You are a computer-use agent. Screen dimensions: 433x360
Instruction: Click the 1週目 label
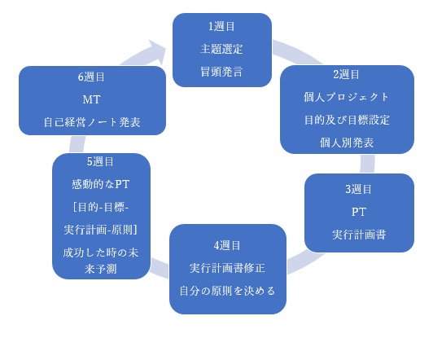coord(221,27)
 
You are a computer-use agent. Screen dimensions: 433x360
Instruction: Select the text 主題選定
coord(221,49)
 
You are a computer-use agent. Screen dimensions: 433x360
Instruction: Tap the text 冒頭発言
coord(221,72)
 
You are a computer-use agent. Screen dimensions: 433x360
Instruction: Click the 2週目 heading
coord(346,74)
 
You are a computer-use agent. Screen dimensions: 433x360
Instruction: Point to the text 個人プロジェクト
coord(346,97)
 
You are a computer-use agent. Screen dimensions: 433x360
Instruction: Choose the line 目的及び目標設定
coord(347,120)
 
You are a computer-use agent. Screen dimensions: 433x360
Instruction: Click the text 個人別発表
coord(347,143)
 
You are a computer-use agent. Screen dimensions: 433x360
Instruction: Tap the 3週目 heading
coord(358,189)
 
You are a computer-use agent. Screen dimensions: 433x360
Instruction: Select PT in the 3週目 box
coord(359,212)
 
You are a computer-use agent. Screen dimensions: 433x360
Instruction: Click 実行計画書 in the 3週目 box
coord(359,235)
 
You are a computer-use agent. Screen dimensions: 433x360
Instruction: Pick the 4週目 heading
coord(227,246)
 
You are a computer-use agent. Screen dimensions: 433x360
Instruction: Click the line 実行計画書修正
coord(227,268)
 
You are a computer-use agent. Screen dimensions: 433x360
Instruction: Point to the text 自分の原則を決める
coord(227,291)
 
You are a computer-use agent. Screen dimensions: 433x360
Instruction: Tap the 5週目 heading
coord(100,161)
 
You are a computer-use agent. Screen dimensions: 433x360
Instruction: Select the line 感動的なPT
coord(101,184)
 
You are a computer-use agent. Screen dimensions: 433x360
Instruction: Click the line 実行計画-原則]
coord(101,230)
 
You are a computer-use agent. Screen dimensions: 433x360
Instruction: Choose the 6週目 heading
coord(91,77)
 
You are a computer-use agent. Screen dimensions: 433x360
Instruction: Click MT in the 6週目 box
coord(91,99)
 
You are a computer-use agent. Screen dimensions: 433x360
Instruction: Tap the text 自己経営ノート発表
coord(92,122)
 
